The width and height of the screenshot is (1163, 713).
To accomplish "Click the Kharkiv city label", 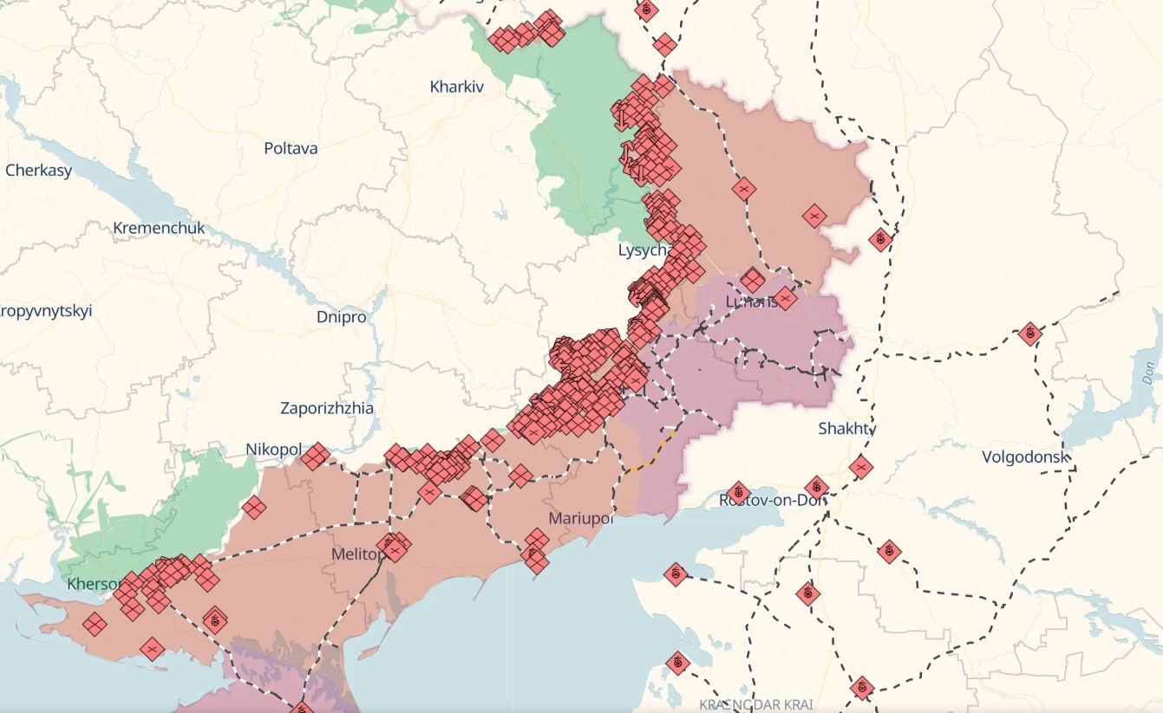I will point(456,87).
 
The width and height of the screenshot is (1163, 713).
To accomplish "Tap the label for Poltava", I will point(291,148).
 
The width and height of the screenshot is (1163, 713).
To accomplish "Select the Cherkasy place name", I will point(38,170).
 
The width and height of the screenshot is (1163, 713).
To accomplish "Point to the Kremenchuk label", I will point(159,228).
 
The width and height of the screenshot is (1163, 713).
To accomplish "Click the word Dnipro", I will point(341,317).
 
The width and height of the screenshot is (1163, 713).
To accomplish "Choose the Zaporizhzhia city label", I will point(327,407).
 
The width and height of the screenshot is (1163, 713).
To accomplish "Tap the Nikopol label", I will point(273,450).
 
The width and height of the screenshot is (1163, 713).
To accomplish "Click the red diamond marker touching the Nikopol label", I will point(315,456).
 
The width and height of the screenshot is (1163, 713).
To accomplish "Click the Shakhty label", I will point(847,428).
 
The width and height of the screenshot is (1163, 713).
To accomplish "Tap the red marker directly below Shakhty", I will point(860,467).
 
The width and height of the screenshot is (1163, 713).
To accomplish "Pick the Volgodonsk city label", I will point(1024,457).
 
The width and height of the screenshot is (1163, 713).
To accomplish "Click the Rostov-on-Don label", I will point(772,500).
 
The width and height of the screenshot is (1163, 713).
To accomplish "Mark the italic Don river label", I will point(1150,374).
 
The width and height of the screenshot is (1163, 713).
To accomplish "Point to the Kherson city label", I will point(94,584).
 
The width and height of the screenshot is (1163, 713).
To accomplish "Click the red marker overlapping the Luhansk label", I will point(785,299).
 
